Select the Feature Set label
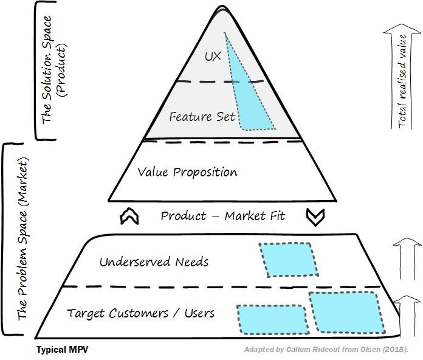(x=202, y=116)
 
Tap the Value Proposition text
(x=187, y=172)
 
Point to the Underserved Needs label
(x=154, y=262)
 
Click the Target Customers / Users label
(x=140, y=313)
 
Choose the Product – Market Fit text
(x=222, y=216)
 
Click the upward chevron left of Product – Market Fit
(x=129, y=216)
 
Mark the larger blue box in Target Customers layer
(x=346, y=313)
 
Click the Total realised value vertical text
(x=402, y=89)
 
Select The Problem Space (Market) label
(x=22, y=240)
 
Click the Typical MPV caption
(x=66, y=350)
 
